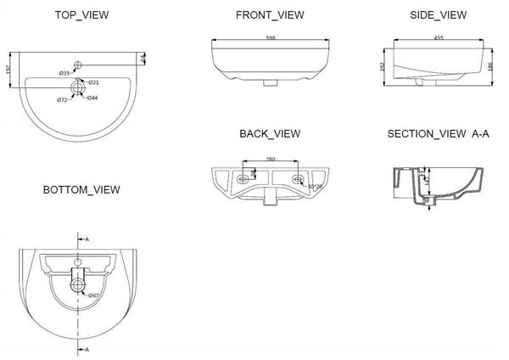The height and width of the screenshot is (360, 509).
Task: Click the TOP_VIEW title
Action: [x=81, y=15]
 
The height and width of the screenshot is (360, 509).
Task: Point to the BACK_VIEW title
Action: [x=270, y=133]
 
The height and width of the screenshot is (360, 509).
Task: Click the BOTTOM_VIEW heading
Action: [x=81, y=188]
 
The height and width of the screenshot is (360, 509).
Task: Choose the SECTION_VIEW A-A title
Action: [x=439, y=133]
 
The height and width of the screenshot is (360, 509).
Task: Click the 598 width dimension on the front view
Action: [x=270, y=38]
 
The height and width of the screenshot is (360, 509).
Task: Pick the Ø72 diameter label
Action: [x=62, y=100]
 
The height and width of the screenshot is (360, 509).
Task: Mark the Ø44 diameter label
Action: [x=92, y=98]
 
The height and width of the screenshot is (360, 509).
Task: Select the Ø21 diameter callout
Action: [x=95, y=82]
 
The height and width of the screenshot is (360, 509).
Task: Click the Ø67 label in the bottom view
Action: [x=93, y=295]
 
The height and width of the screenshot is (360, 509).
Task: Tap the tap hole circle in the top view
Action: [x=79, y=63]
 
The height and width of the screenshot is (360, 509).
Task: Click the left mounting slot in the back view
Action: [x=244, y=178]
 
